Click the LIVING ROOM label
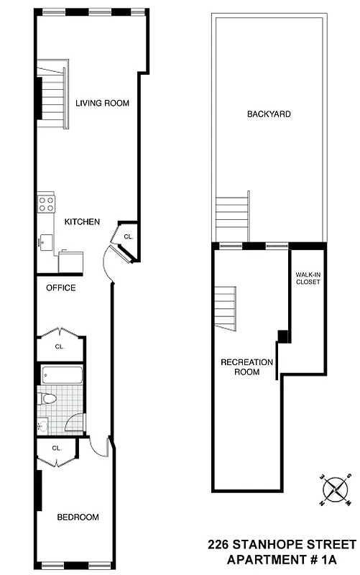(102, 103)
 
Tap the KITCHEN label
(82, 222)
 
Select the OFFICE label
(60, 288)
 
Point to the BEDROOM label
(78, 517)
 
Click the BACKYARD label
(269, 114)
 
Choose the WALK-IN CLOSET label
(308, 278)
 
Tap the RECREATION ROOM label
(246, 367)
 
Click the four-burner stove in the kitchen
(47, 203)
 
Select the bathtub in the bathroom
(63, 375)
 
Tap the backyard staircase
(232, 212)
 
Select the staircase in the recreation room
(225, 308)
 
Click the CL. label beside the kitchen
(128, 236)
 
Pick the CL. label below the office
(60, 346)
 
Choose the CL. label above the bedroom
(57, 449)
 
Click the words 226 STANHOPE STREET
(282, 545)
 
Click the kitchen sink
(45, 242)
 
